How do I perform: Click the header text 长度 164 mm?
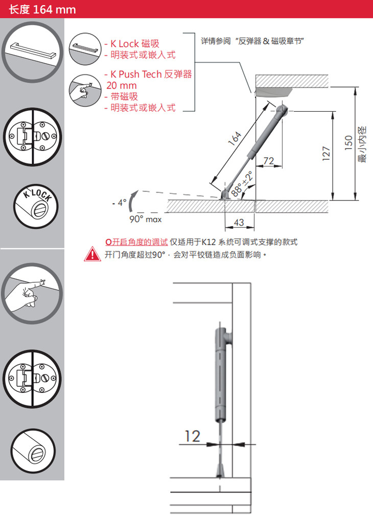pyautogui.click(x=42, y=9)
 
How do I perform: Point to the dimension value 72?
pyautogui.click(x=269, y=161)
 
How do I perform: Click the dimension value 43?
pyautogui.click(x=238, y=223)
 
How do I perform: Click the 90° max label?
pyautogui.click(x=146, y=219)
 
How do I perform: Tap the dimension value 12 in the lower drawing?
pyautogui.click(x=192, y=436)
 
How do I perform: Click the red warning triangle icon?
pyautogui.click(x=92, y=254)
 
